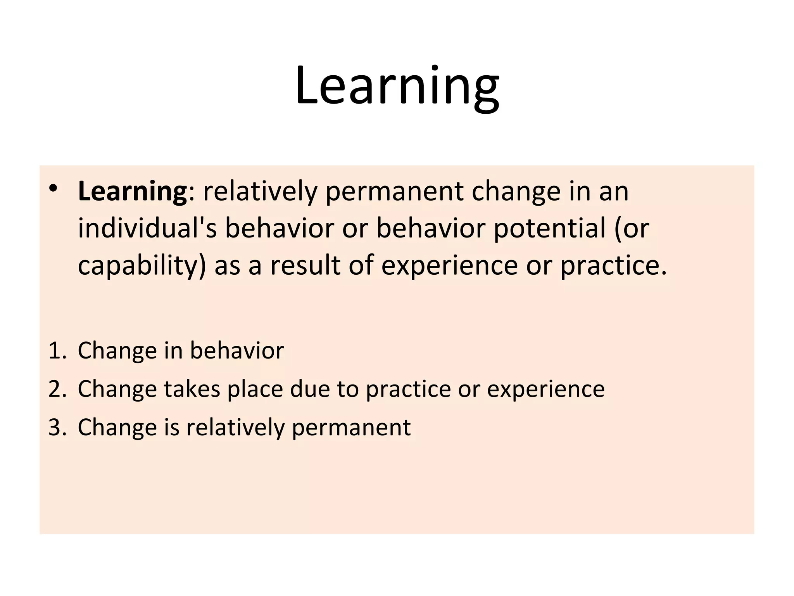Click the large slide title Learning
397,86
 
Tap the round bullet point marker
53,188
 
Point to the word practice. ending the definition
614,267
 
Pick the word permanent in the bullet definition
394,192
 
